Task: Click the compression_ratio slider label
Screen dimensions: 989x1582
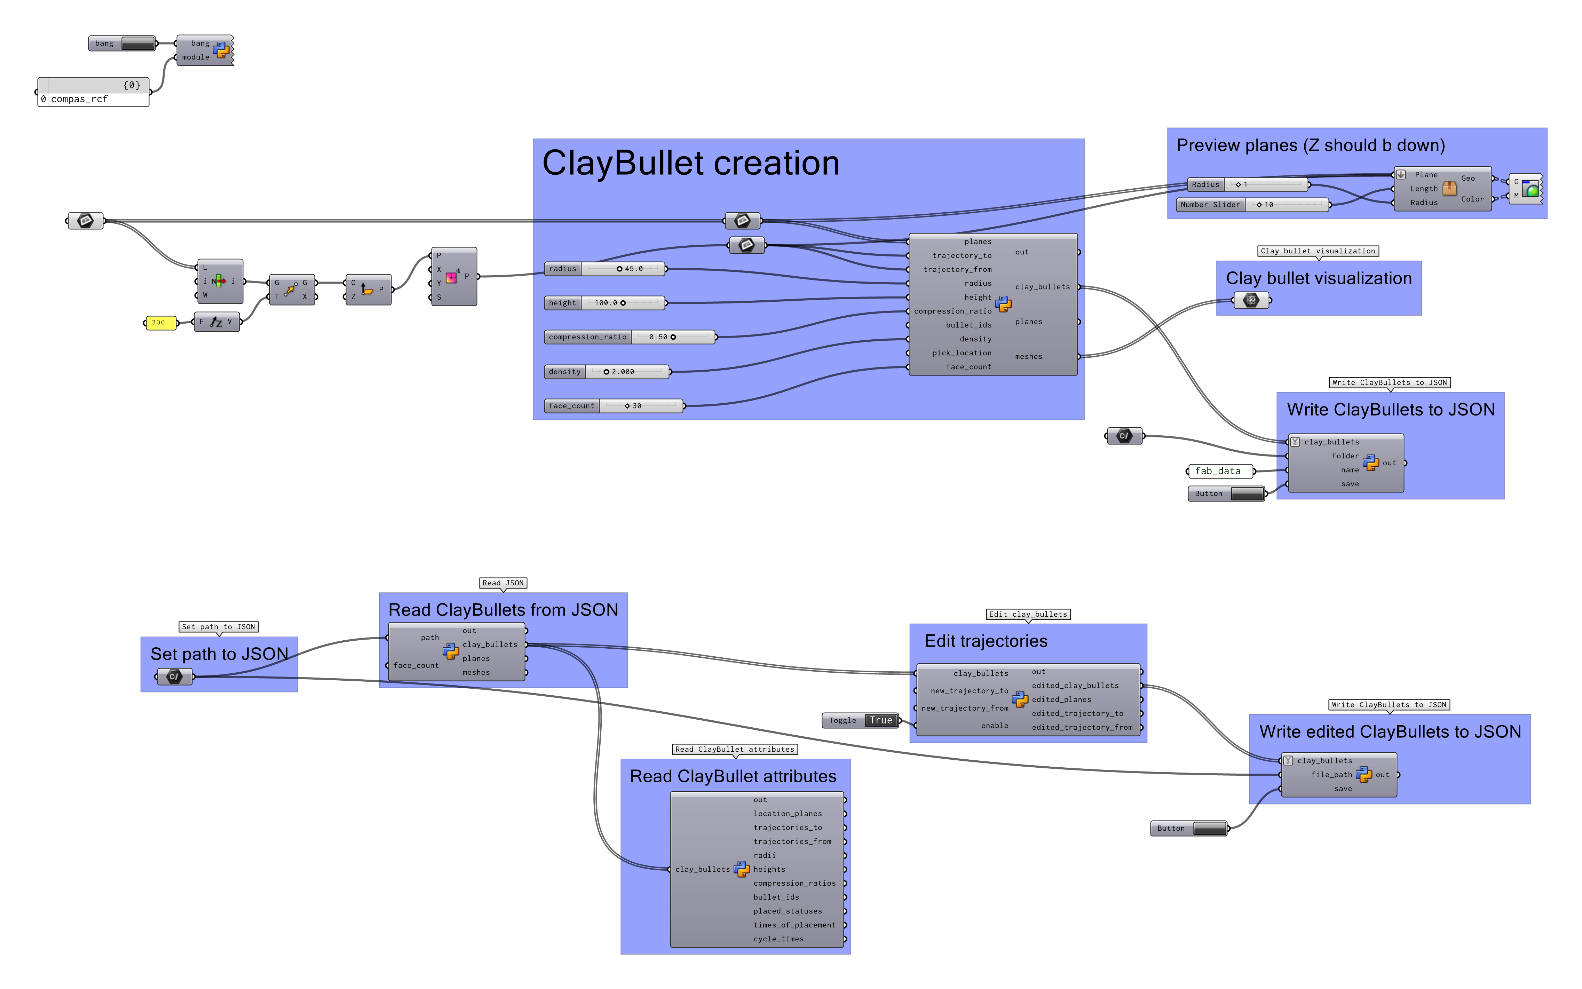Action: click(x=587, y=337)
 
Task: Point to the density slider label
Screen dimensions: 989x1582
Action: click(x=564, y=372)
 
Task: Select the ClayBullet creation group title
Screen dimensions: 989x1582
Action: click(x=691, y=163)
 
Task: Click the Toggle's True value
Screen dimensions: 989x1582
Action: click(x=880, y=720)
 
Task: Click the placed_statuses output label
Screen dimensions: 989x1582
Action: click(x=788, y=911)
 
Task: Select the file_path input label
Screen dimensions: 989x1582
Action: click(x=1331, y=774)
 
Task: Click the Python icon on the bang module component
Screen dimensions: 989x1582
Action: click(x=221, y=50)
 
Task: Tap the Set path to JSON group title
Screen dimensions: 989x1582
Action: click(x=219, y=654)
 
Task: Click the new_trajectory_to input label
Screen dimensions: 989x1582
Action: click(x=969, y=691)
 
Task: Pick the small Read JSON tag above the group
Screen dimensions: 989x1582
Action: click(x=503, y=583)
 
